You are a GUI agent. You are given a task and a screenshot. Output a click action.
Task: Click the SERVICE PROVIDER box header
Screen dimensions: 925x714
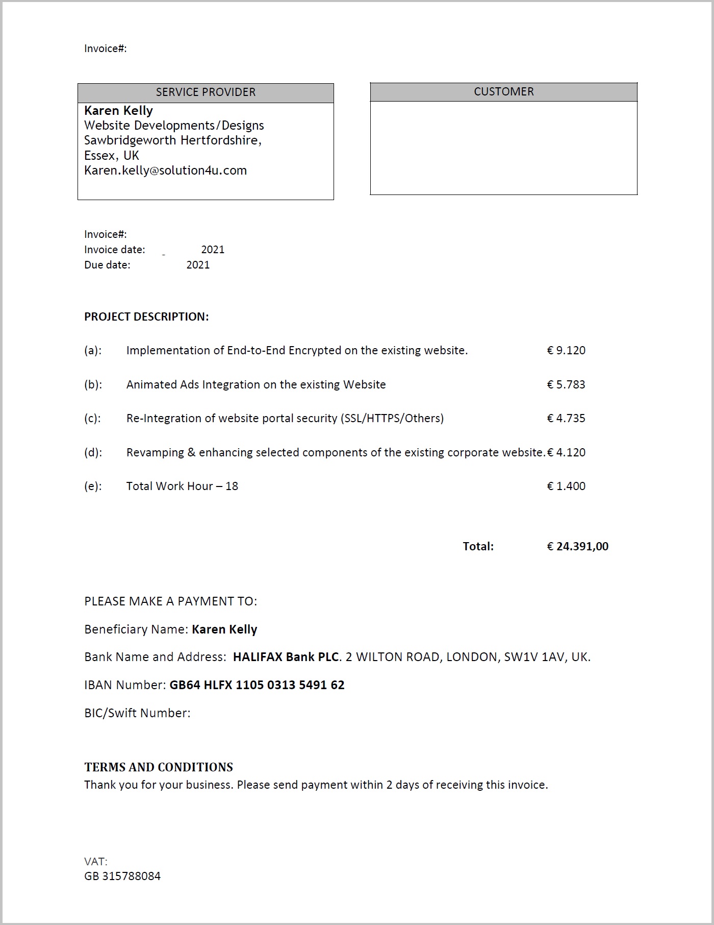[x=206, y=92]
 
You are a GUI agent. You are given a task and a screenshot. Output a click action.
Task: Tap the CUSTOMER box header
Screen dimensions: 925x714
[x=503, y=92]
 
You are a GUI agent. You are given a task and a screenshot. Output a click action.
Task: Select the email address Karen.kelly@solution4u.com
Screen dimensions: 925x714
[x=165, y=171]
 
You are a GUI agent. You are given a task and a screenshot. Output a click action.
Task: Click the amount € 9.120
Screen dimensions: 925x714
[x=566, y=351]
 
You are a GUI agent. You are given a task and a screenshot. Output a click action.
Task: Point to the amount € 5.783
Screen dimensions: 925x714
[x=566, y=384]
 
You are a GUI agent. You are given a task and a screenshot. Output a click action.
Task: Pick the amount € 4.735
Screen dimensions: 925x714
[x=566, y=419]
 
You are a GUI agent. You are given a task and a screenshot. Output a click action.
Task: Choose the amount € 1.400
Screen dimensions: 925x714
[x=566, y=486]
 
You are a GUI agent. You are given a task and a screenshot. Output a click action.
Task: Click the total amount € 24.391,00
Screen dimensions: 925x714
[x=577, y=547]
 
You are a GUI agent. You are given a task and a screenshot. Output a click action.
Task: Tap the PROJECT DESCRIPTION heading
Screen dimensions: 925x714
[x=146, y=317]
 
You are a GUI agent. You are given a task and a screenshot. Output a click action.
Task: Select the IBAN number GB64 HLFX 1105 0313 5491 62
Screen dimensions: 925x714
[x=257, y=685]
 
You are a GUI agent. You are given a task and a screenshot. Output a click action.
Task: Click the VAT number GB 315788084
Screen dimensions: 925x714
[x=122, y=877]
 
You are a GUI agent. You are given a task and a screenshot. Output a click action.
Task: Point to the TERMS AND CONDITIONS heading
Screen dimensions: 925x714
[x=159, y=767]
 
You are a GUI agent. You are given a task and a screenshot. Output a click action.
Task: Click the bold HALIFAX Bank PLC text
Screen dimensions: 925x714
[x=286, y=657]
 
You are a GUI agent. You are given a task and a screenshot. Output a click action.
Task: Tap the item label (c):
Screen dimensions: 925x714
[x=93, y=419]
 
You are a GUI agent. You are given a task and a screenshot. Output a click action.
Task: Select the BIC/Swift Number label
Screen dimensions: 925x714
[x=137, y=713]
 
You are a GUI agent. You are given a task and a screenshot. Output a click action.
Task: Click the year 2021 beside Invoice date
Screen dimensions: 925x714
[x=213, y=250]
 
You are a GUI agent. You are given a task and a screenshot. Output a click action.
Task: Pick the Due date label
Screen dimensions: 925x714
[x=107, y=265]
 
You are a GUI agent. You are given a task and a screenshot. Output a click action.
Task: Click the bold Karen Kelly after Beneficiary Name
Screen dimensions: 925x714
[x=224, y=629]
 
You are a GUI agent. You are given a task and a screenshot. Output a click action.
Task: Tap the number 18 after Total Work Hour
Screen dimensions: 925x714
[x=232, y=486]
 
